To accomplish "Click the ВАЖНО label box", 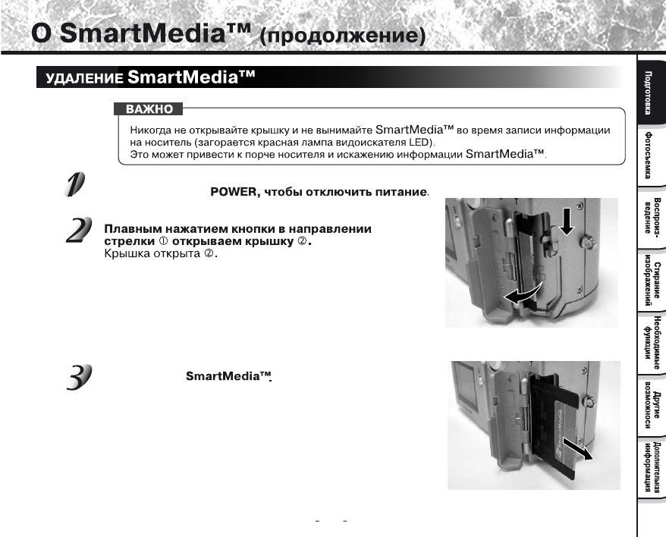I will tap(149, 110).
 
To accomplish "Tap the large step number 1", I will tap(75, 185).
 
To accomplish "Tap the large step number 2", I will tap(75, 231).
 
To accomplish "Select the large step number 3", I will tap(77, 376).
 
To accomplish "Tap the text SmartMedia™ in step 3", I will tap(228, 377).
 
